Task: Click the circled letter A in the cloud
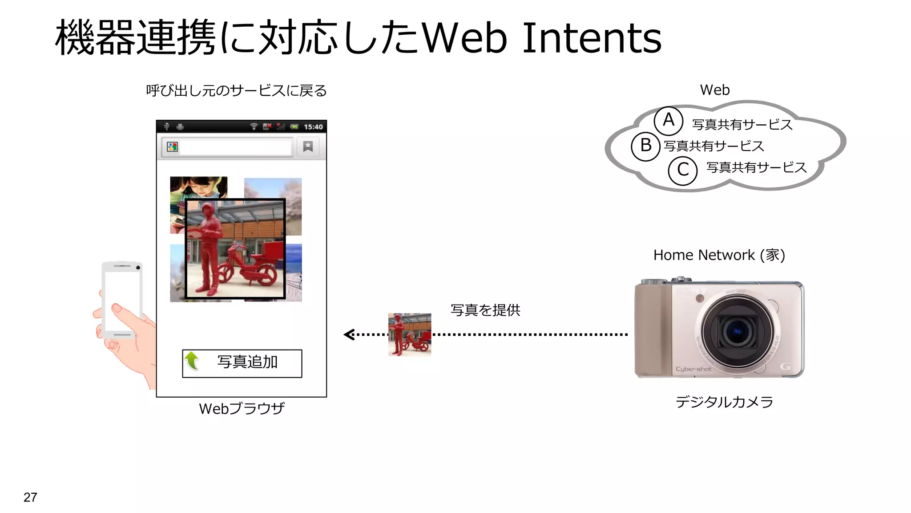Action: point(668,121)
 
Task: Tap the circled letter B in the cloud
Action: point(645,146)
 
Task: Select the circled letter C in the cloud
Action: point(683,171)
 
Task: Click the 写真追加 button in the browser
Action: point(242,363)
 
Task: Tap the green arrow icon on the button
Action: point(192,361)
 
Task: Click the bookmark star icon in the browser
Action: point(308,147)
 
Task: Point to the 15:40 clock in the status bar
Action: point(313,127)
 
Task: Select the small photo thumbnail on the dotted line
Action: point(410,334)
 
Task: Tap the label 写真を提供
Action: point(485,310)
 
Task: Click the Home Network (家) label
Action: point(719,255)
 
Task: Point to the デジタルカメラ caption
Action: point(724,402)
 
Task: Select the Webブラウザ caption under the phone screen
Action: point(242,408)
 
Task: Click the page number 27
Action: point(30,497)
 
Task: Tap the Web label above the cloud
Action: point(715,90)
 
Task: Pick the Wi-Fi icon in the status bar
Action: point(254,126)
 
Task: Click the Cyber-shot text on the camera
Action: point(693,369)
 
